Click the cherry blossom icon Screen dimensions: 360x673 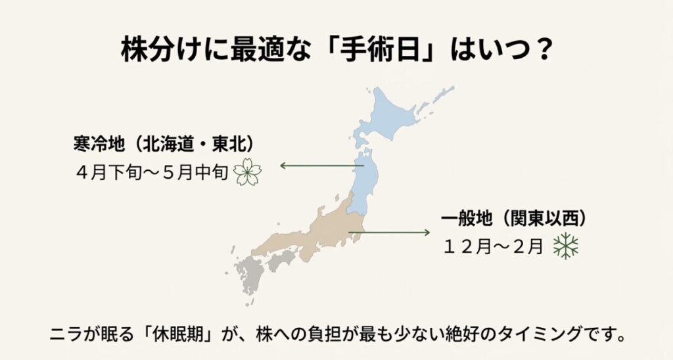tap(248, 171)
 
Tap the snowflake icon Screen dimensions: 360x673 tap(565, 246)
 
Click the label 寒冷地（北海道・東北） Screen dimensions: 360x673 tap(164, 143)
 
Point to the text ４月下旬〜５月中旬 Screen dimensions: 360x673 tap(151, 172)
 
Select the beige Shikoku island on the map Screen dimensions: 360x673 tap(281, 263)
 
